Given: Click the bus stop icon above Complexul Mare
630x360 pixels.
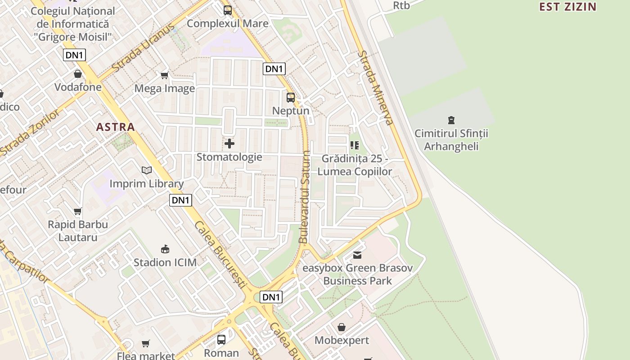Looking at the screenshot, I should coord(228,10).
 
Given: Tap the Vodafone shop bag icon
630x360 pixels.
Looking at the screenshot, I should coord(78,74).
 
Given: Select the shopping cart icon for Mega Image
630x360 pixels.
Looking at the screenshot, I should coord(165,75).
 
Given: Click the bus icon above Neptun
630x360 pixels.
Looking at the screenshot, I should coord(291,97).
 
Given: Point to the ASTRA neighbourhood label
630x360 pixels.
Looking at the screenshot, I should coord(116,127).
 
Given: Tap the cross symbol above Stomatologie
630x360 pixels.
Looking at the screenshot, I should coord(229,144).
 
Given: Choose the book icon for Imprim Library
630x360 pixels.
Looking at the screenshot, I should coord(147,170).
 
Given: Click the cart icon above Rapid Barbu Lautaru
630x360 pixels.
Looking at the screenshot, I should coord(78,211).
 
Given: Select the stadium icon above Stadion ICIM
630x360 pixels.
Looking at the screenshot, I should coord(165,249).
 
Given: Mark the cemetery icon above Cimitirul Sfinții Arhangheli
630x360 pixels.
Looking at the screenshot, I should coord(451,120).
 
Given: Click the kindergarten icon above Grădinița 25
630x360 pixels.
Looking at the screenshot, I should coord(355,145).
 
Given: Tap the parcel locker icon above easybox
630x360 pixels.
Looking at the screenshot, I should coord(357,255).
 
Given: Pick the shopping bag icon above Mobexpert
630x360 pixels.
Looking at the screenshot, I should coord(342,327).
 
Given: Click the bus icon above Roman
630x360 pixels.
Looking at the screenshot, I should coord(221,339).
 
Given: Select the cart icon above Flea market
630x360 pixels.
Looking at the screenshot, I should coord(146,343).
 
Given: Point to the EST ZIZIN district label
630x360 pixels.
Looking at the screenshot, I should coord(568,7).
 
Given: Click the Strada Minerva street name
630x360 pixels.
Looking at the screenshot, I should coord(376,87).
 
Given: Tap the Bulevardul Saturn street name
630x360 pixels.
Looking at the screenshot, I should coord(305,197).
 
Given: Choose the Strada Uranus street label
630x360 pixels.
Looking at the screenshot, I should coord(143,48).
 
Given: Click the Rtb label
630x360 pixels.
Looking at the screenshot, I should coord(401,5).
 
